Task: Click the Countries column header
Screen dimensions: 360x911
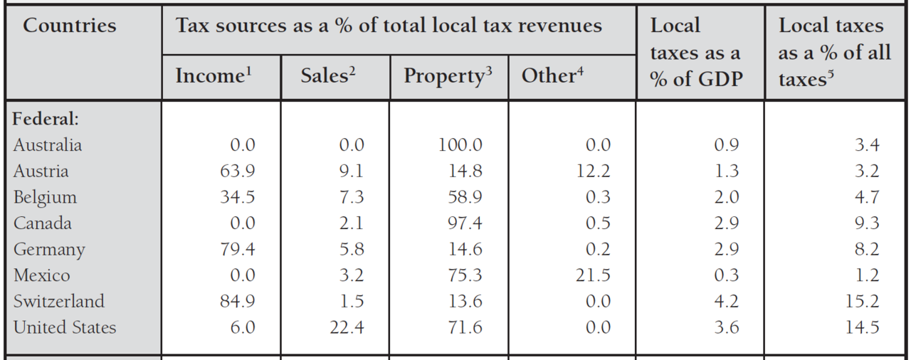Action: tap(69, 26)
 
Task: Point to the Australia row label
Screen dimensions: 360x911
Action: tap(48, 145)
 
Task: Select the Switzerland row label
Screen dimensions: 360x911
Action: tap(59, 301)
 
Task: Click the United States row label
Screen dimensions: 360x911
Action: tap(65, 327)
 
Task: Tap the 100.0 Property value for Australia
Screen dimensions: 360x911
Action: tap(460, 145)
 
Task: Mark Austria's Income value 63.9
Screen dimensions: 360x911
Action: tap(237, 171)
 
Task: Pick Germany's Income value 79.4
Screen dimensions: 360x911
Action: tap(237, 250)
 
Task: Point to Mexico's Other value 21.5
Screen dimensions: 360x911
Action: tap(593, 275)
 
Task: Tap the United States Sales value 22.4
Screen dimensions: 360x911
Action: tap(347, 327)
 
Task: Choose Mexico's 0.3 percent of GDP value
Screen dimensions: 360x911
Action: tap(726, 275)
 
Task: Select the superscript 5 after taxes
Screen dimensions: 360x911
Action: tap(830, 74)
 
